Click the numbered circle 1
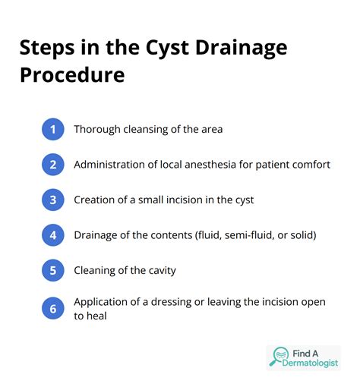(x=52, y=129)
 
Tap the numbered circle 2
(x=52, y=164)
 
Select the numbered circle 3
(x=52, y=200)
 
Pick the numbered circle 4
(x=52, y=234)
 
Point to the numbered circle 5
(x=52, y=270)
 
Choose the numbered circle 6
(x=52, y=309)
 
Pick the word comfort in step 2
(x=309, y=165)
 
